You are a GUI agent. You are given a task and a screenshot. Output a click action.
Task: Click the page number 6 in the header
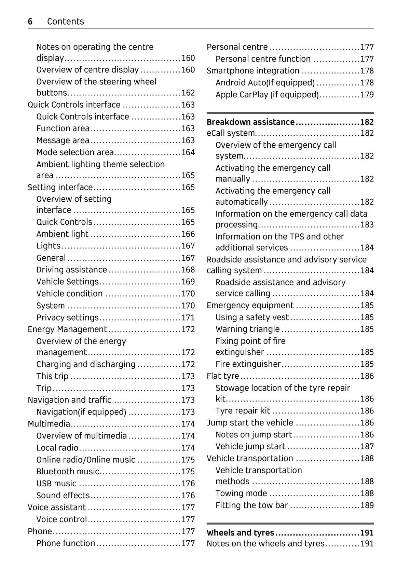[x=30, y=22]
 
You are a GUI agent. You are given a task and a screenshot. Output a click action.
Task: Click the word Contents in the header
[x=65, y=22]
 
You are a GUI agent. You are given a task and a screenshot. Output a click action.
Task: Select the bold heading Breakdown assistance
[x=250, y=122]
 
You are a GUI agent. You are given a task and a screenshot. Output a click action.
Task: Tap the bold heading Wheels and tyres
[x=240, y=532]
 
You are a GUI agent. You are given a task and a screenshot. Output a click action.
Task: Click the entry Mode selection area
[x=75, y=152]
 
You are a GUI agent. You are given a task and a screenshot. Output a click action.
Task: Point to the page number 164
[x=188, y=152]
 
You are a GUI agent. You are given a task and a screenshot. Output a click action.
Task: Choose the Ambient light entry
[x=62, y=234]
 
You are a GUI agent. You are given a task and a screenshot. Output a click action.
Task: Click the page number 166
[x=188, y=234]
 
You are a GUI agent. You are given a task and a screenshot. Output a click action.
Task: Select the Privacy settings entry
[x=67, y=317]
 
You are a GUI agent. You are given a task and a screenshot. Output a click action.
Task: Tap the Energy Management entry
[x=67, y=329]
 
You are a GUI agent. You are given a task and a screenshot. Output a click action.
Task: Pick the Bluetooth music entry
[x=68, y=471]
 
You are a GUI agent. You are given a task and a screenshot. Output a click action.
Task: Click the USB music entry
[x=56, y=483]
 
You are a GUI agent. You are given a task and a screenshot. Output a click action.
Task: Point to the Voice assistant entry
[x=57, y=507]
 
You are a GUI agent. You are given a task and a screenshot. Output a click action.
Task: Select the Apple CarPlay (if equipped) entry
[x=267, y=94]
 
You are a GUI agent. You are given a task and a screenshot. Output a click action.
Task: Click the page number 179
[x=367, y=94]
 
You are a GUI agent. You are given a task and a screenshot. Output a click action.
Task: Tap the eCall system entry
[x=231, y=133]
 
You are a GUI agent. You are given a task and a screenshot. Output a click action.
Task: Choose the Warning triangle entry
[x=247, y=329]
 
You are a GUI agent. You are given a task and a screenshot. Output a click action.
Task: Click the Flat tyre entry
[x=223, y=376]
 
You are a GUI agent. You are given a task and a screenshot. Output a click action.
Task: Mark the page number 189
[x=367, y=505]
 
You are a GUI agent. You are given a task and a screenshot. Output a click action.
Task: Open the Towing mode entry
[x=241, y=493]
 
